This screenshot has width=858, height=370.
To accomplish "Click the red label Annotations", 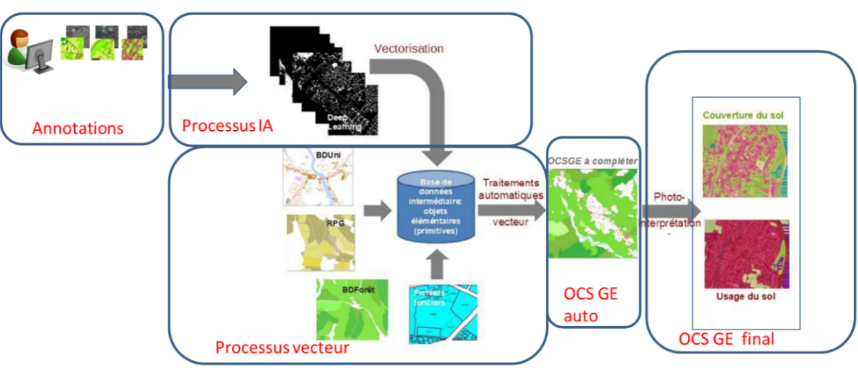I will (78, 127).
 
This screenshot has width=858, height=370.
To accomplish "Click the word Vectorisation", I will (409, 49).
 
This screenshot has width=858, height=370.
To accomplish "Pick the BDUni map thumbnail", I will (318, 177).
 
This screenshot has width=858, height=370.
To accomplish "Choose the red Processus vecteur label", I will (282, 347).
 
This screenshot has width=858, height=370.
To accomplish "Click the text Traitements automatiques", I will (512, 188).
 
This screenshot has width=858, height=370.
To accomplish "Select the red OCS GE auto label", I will (590, 305).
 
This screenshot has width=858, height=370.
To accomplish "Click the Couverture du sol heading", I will (743, 115).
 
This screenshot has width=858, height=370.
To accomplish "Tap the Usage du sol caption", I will (744, 297).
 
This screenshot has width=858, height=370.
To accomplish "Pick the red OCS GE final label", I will (726, 338).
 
